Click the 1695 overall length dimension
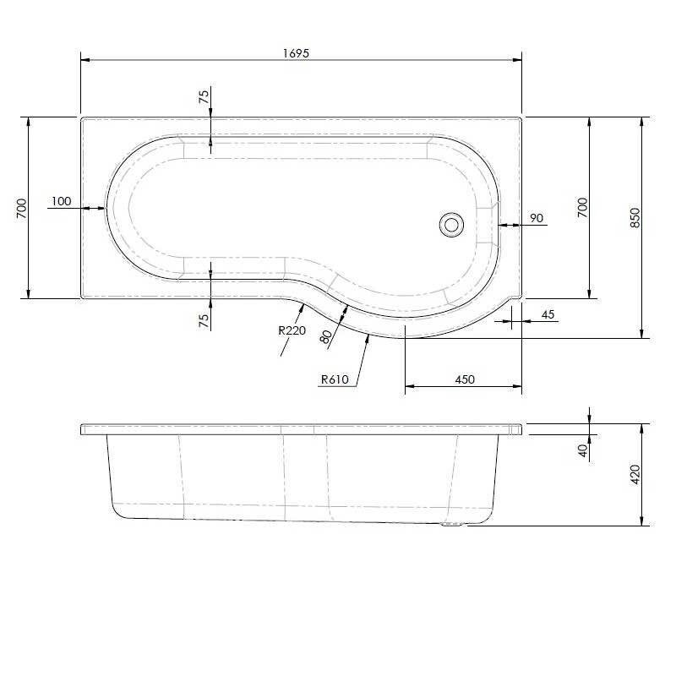tap(297, 52)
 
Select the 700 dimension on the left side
tap(23, 207)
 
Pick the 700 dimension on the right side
tap(581, 207)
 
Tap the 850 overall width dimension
tap(635, 217)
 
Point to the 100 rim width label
tap(61, 201)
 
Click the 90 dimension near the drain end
tap(536, 218)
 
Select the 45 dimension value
tap(548, 315)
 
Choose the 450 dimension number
tap(464, 379)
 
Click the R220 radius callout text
tap(292, 330)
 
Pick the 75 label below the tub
tap(204, 320)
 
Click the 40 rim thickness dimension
tap(583, 450)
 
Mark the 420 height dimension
tap(635, 475)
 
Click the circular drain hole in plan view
tap(451, 224)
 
